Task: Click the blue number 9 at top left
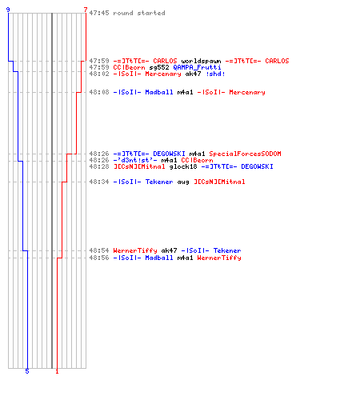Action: click(8, 10)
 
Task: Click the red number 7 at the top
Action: click(86, 10)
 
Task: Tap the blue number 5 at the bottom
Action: click(27, 371)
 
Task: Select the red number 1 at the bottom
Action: click(57, 371)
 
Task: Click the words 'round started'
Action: click(139, 13)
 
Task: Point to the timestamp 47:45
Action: click(99, 13)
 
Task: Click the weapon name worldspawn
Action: click(201, 61)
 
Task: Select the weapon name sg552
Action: click(159, 67)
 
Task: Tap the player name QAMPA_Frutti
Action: click(197, 67)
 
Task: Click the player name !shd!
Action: click(215, 74)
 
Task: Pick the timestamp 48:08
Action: click(99, 92)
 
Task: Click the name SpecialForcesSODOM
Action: click(245, 154)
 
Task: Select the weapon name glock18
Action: click(183, 166)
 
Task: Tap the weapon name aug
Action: click(183, 182)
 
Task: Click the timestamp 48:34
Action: click(99, 182)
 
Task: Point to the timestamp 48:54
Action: click(99, 250)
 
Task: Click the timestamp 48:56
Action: click(99, 258)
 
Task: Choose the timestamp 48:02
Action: click(99, 74)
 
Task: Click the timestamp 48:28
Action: click(99, 166)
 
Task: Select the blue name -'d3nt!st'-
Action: click(135, 160)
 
